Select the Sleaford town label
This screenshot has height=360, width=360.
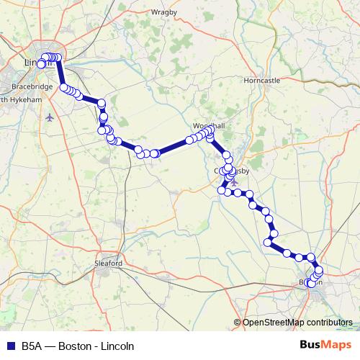pos(109,264)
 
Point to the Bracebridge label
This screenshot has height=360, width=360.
pos(31,86)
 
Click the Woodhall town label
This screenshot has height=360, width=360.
pos(209,126)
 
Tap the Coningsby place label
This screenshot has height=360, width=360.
pos(231,171)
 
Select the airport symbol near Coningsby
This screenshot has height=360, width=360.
pos(233,181)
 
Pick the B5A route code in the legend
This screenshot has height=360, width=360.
pos(32,346)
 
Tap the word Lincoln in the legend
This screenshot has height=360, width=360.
pos(117,346)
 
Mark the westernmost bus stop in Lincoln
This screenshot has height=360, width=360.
pos(42,64)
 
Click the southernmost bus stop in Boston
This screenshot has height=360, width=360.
pos(312,284)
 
